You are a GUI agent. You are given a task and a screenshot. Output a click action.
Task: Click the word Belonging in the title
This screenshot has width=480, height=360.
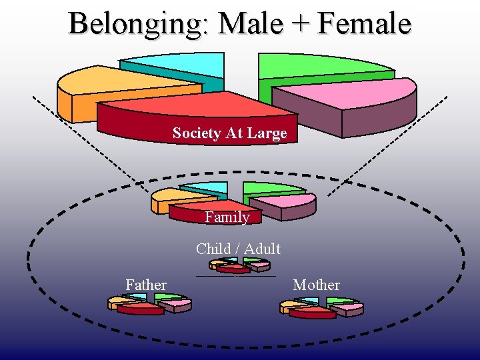point(139,24)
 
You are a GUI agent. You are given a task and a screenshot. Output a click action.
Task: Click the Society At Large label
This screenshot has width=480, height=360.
point(229,133)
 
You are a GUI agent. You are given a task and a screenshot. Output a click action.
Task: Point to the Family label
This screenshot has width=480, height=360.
point(227,217)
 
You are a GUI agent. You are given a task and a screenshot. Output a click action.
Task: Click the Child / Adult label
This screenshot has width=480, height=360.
point(238,249)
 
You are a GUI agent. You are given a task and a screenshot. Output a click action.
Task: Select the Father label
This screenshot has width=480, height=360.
point(146,285)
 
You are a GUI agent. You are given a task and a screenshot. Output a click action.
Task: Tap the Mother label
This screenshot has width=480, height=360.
point(317,285)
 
